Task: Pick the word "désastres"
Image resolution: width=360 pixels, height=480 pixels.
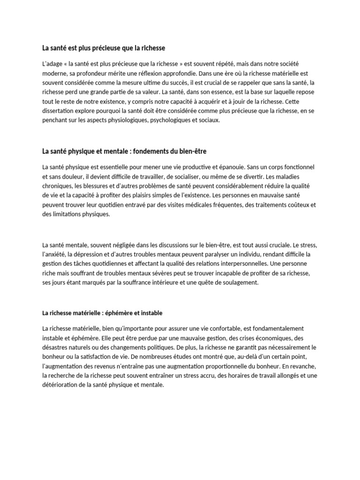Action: (56, 347)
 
